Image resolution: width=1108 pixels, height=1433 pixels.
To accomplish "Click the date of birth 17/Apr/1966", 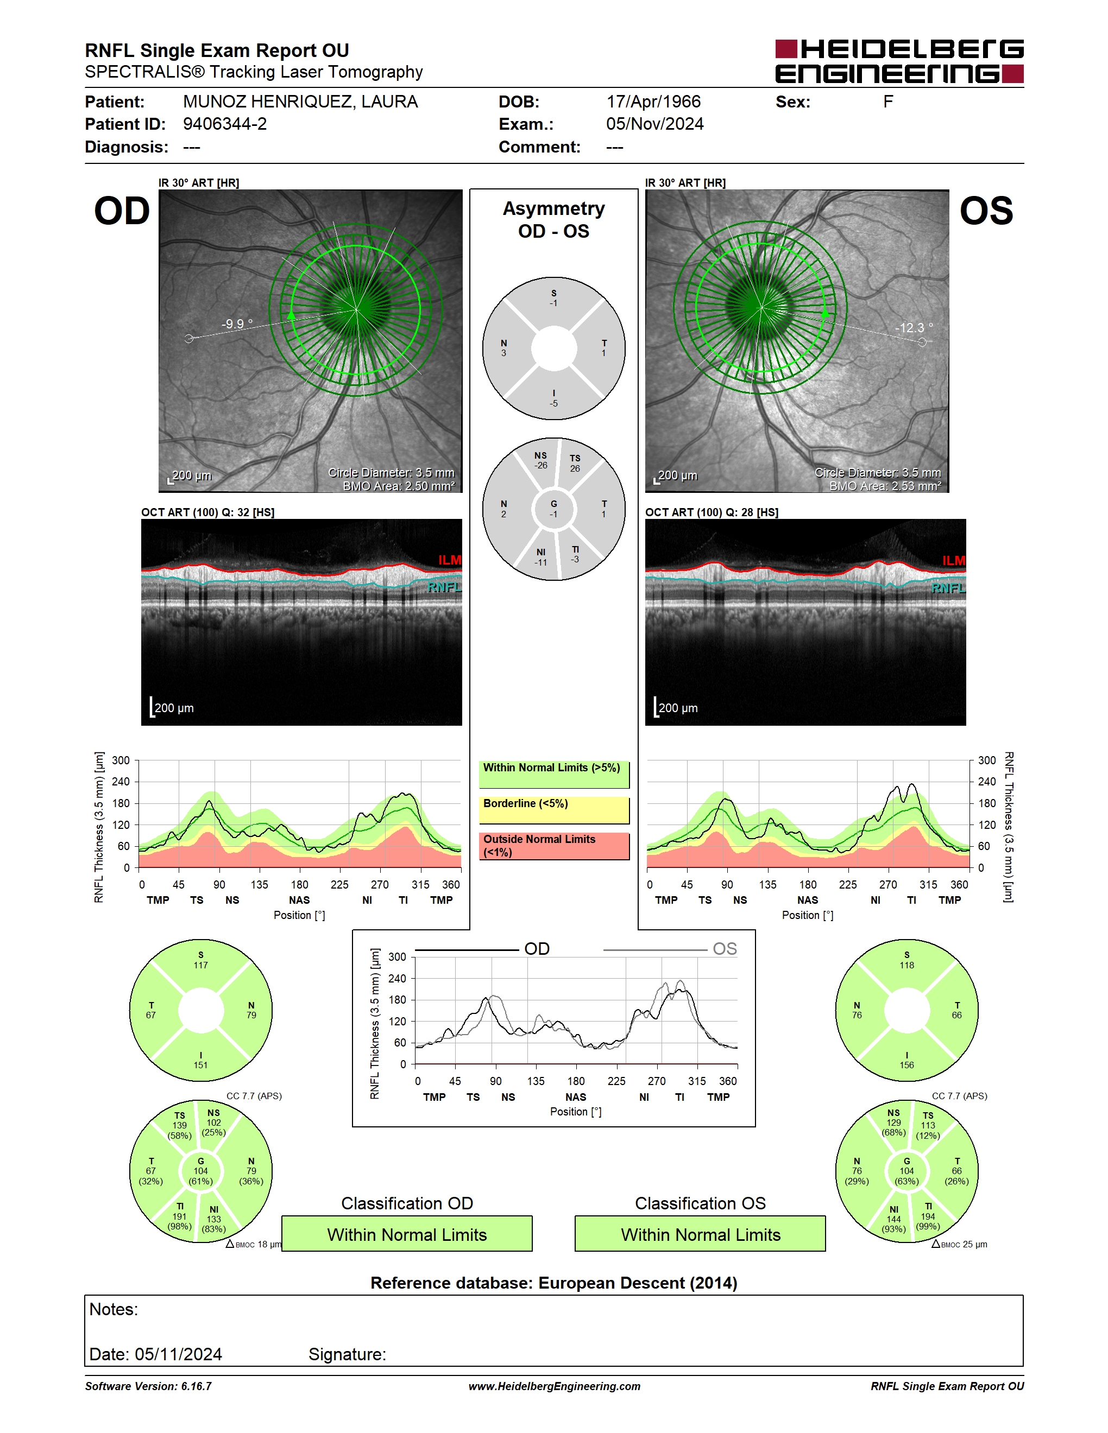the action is pos(653,102).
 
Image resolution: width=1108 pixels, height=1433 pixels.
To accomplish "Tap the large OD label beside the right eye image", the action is pos(122,211).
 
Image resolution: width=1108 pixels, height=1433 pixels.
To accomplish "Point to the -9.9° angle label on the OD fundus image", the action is pos(237,324).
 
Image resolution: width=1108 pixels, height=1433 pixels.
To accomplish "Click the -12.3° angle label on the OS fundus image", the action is pos(914,327).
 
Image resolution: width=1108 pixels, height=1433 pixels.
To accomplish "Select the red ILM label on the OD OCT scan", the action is pos(450,560).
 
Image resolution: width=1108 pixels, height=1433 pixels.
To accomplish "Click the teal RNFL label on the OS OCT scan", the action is pos(948,588).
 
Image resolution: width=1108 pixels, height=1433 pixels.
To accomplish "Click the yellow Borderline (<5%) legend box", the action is pos(554,810).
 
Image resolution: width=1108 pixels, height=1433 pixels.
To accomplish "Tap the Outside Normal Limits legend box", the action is pos(554,846).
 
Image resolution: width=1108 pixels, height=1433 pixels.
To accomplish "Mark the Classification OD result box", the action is pos(407,1234).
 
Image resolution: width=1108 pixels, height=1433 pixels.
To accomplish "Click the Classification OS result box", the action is pos(701,1234).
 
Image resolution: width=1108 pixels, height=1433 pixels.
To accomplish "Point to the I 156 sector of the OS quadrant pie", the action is pos(906,1060).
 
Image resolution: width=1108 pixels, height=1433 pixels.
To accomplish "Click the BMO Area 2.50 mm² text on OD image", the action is pos(399,486).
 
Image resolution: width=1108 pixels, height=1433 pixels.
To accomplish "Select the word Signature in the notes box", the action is pos(347,1354).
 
